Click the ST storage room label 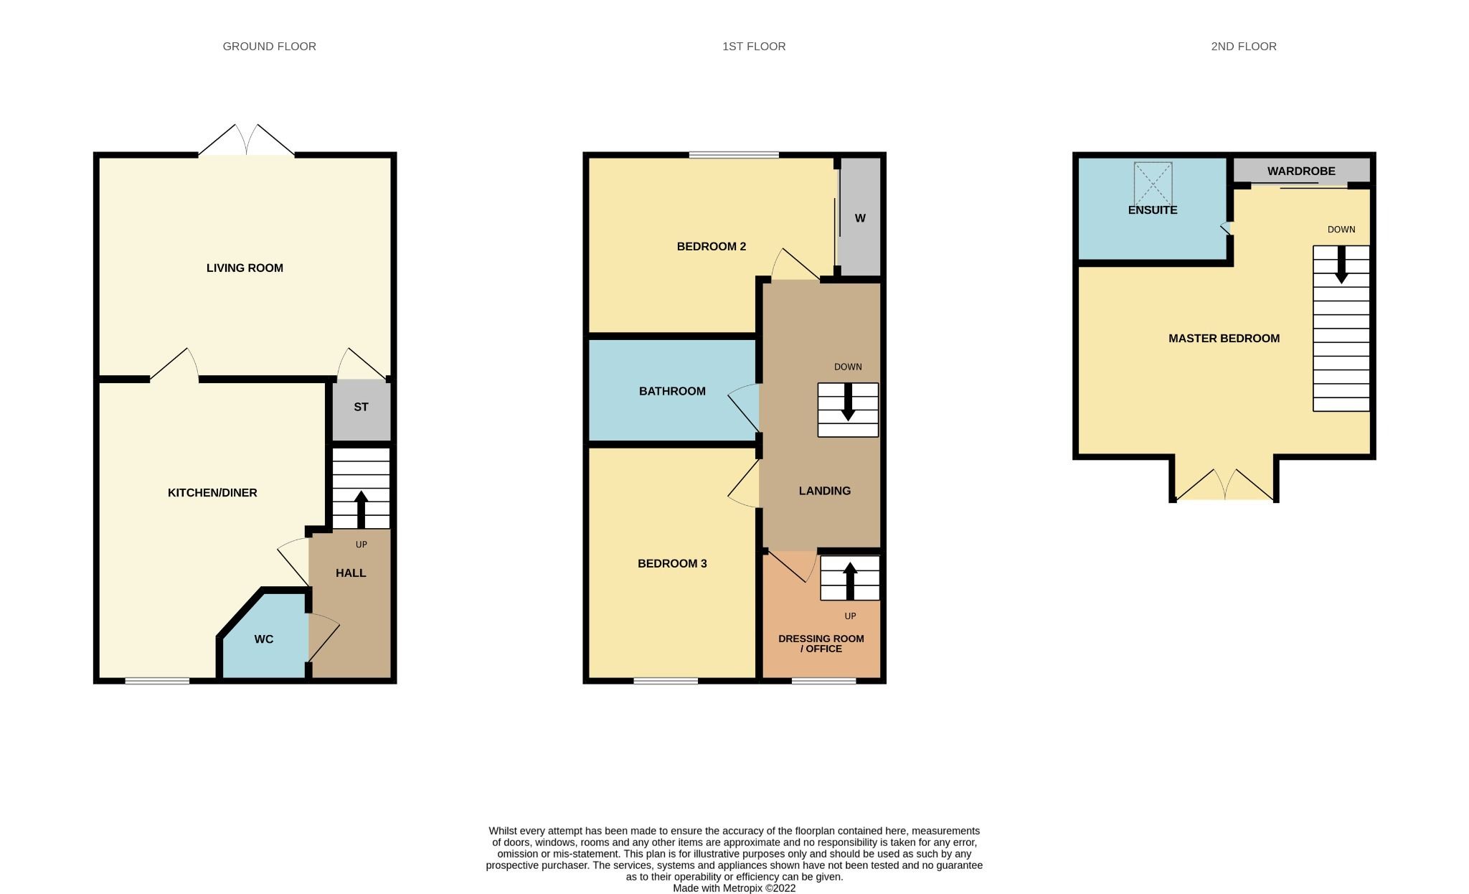point(361,407)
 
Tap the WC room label point(263,639)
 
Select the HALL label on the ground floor point(351,573)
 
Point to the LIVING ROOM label point(245,268)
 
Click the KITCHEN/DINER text point(212,492)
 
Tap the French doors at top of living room point(246,141)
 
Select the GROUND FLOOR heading point(269,46)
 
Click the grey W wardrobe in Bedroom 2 point(860,217)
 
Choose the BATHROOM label point(672,391)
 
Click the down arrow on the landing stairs point(848,403)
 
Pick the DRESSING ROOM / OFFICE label point(821,643)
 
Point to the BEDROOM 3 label point(672,563)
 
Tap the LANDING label point(825,491)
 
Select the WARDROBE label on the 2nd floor point(1301,171)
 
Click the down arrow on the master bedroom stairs point(1341,267)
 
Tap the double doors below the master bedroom point(1224,486)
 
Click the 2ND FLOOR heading point(1244,46)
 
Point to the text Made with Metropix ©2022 point(734,888)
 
